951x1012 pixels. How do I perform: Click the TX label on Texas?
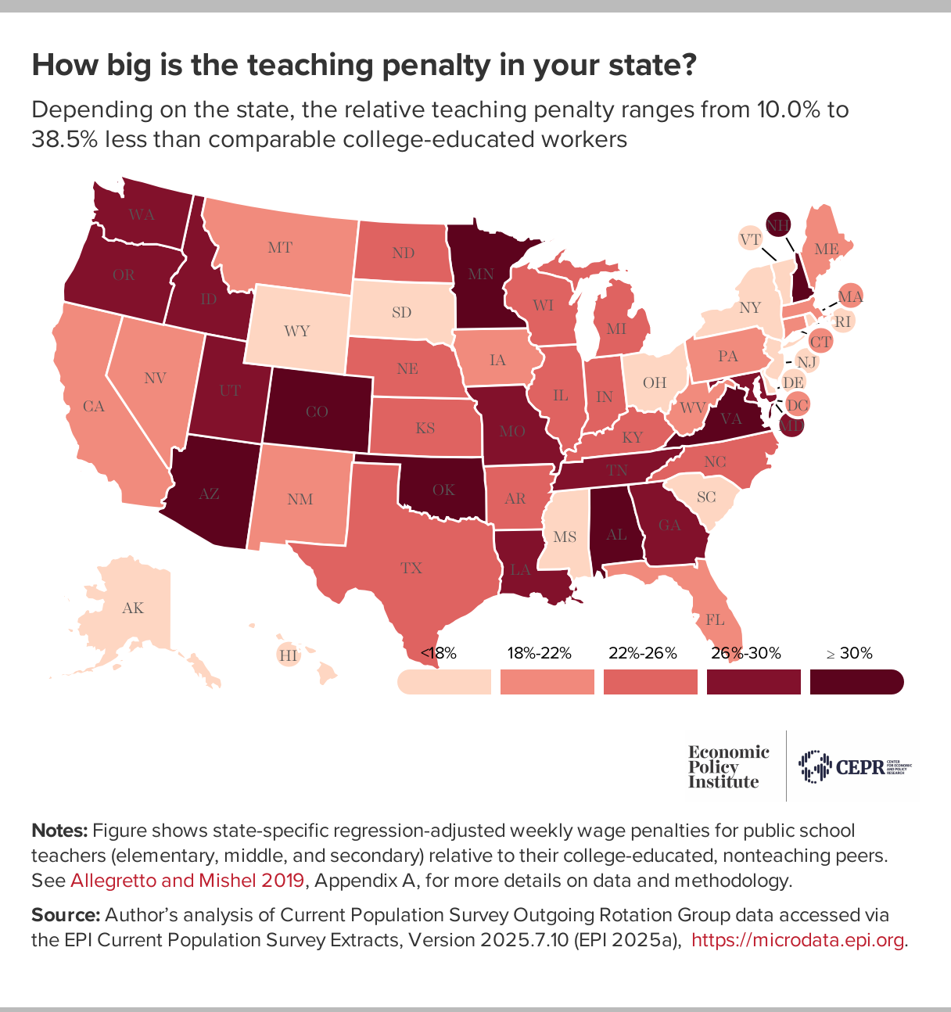point(411,569)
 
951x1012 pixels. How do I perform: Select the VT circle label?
point(751,239)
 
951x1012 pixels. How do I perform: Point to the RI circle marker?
point(842,321)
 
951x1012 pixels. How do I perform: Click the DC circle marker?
point(797,405)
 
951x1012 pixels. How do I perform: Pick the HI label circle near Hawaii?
point(289,655)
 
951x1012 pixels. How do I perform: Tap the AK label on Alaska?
point(133,608)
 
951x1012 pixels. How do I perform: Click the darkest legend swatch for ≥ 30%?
point(856,682)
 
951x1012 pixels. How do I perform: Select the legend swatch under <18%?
point(443,682)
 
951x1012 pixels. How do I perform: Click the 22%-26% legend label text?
point(642,653)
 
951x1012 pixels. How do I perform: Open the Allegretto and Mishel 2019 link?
point(187,881)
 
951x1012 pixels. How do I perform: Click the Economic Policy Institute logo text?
point(728,766)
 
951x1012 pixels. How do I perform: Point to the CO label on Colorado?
point(317,412)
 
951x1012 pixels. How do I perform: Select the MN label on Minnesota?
point(481,274)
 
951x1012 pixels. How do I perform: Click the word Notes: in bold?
point(59,830)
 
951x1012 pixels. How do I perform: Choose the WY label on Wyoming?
point(297,331)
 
